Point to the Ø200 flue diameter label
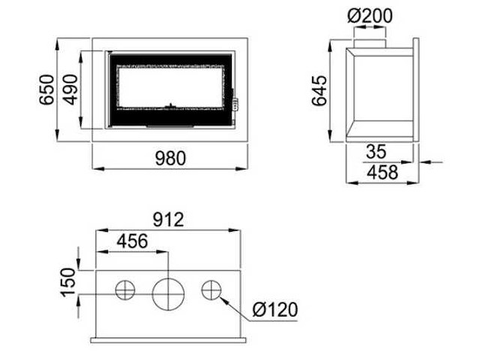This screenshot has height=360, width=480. click(x=370, y=15)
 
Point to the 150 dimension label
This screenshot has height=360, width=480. click(x=68, y=283)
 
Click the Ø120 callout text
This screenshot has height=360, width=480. click(x=275, y=309)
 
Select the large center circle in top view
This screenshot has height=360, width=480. click(x=167, y=292)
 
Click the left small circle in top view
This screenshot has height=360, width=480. click(x=125, y=289)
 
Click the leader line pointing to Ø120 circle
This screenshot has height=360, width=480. click(x=236, y=304)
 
